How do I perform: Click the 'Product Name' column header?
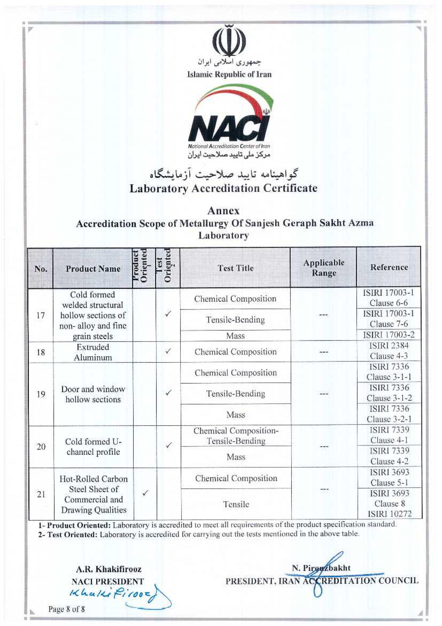pyautogui.click(x=93, y=268)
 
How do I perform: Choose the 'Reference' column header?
pyautogui.click(x=389, y=267)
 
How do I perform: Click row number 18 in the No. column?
pyautogui.click(x=41, y=352)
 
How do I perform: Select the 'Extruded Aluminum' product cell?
pyautogui.click(x=93, y=352)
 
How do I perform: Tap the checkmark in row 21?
pyautogui.click(x=145, y=493)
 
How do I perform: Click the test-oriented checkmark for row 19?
pyautogui.click(x=168, y=393)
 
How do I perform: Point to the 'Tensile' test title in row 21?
pyautogui.click(x=236, y=504)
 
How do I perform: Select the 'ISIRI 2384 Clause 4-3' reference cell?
pyautogui.click(x=389, y=351)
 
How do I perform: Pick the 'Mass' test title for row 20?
pyautogui.click(x=236, y=457)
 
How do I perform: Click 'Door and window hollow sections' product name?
pyautogui.click(x=93, y=394)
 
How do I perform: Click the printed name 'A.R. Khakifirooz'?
pyautogui.click(x=108, y=569)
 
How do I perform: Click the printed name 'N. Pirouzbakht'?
pyautogui.click(x=321, y=568)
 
